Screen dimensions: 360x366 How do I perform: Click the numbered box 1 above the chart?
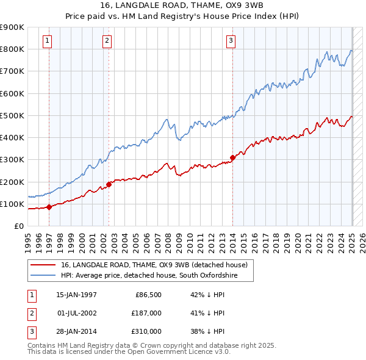[48, 41]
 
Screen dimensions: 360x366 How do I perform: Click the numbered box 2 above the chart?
[107, 41]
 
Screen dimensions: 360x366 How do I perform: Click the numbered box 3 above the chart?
[231, 41]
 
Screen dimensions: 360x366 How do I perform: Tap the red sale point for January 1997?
[49, 206]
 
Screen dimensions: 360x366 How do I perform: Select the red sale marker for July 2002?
[109, 184]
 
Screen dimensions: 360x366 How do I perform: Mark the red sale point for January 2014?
[232, 157]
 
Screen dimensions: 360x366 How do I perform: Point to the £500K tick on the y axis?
[12, 115]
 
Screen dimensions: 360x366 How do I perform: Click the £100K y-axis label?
[12, 204]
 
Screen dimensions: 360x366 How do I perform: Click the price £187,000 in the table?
[146, 314]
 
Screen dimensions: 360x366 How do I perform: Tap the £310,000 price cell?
[146, 332]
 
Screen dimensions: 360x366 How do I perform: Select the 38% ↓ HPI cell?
[207, 332]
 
